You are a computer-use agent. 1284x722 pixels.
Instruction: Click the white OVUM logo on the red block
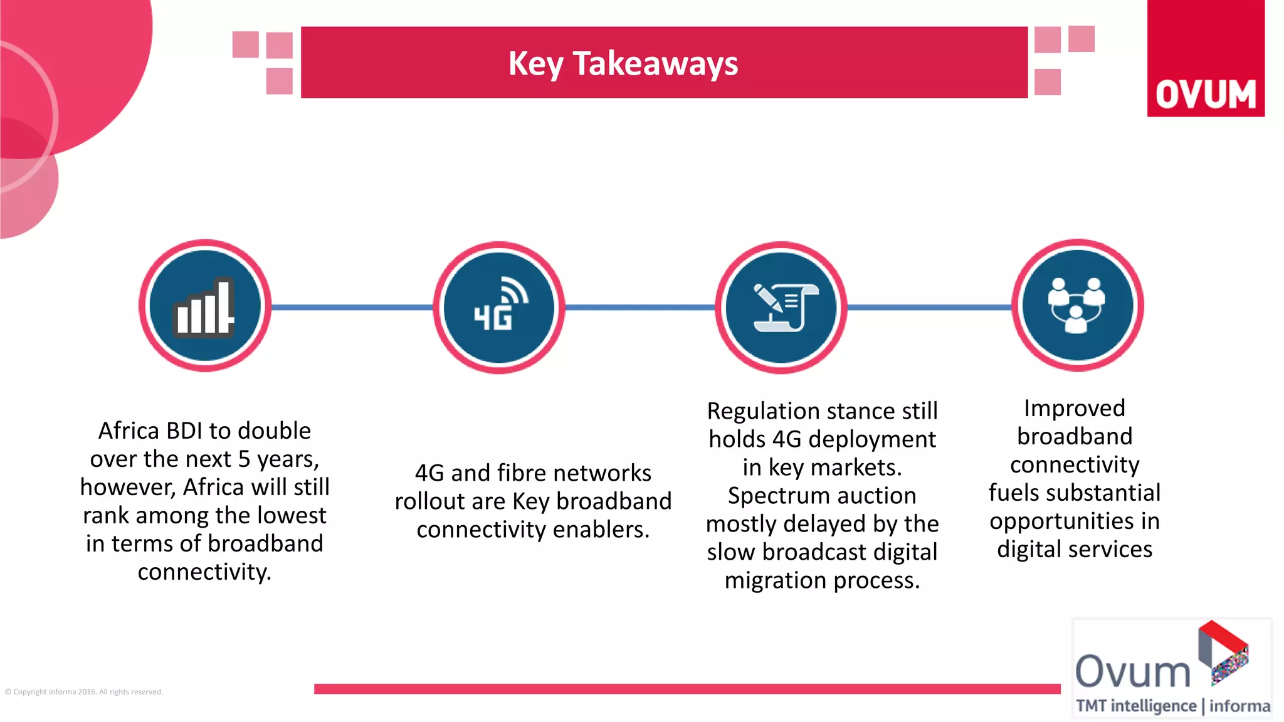(1206, 95)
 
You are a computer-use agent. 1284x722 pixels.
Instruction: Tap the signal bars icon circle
(205, 306)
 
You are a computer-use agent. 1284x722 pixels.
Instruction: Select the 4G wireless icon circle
(499, 307)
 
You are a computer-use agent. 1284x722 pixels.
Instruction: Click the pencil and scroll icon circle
(781, 307)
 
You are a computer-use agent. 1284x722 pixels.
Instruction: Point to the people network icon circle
(1077, 305)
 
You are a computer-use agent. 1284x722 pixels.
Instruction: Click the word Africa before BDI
(129, 431)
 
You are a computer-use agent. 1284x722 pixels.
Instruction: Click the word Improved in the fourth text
(1074, 409)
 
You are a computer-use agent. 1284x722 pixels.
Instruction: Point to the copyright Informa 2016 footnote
(83, 692)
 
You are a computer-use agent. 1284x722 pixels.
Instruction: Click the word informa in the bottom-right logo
(1239, 706)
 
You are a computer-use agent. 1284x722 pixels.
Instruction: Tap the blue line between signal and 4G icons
(351, 307)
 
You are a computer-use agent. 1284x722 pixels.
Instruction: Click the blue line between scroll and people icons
(929, 307)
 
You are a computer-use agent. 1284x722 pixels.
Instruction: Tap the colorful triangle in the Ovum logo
(1224, 652)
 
